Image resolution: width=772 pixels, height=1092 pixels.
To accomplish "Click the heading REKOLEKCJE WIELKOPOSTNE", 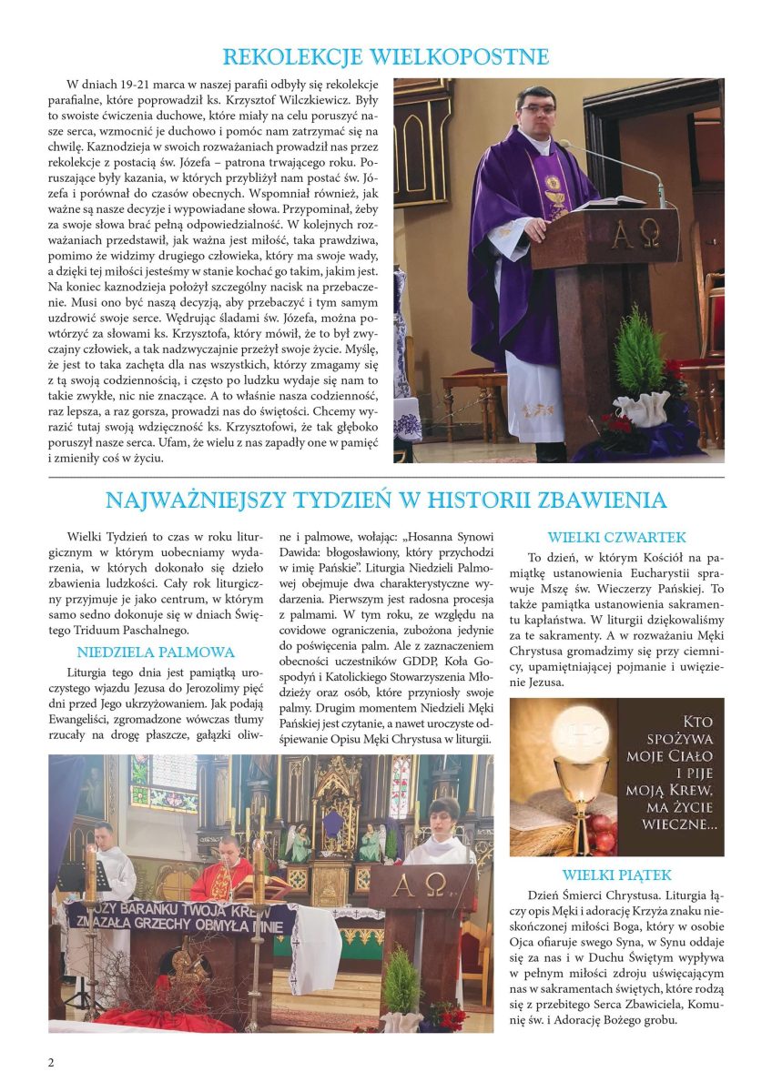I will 386,57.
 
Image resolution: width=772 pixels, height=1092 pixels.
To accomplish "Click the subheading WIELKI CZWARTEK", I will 616,538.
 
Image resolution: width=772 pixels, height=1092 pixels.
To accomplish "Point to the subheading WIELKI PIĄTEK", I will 616,875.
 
